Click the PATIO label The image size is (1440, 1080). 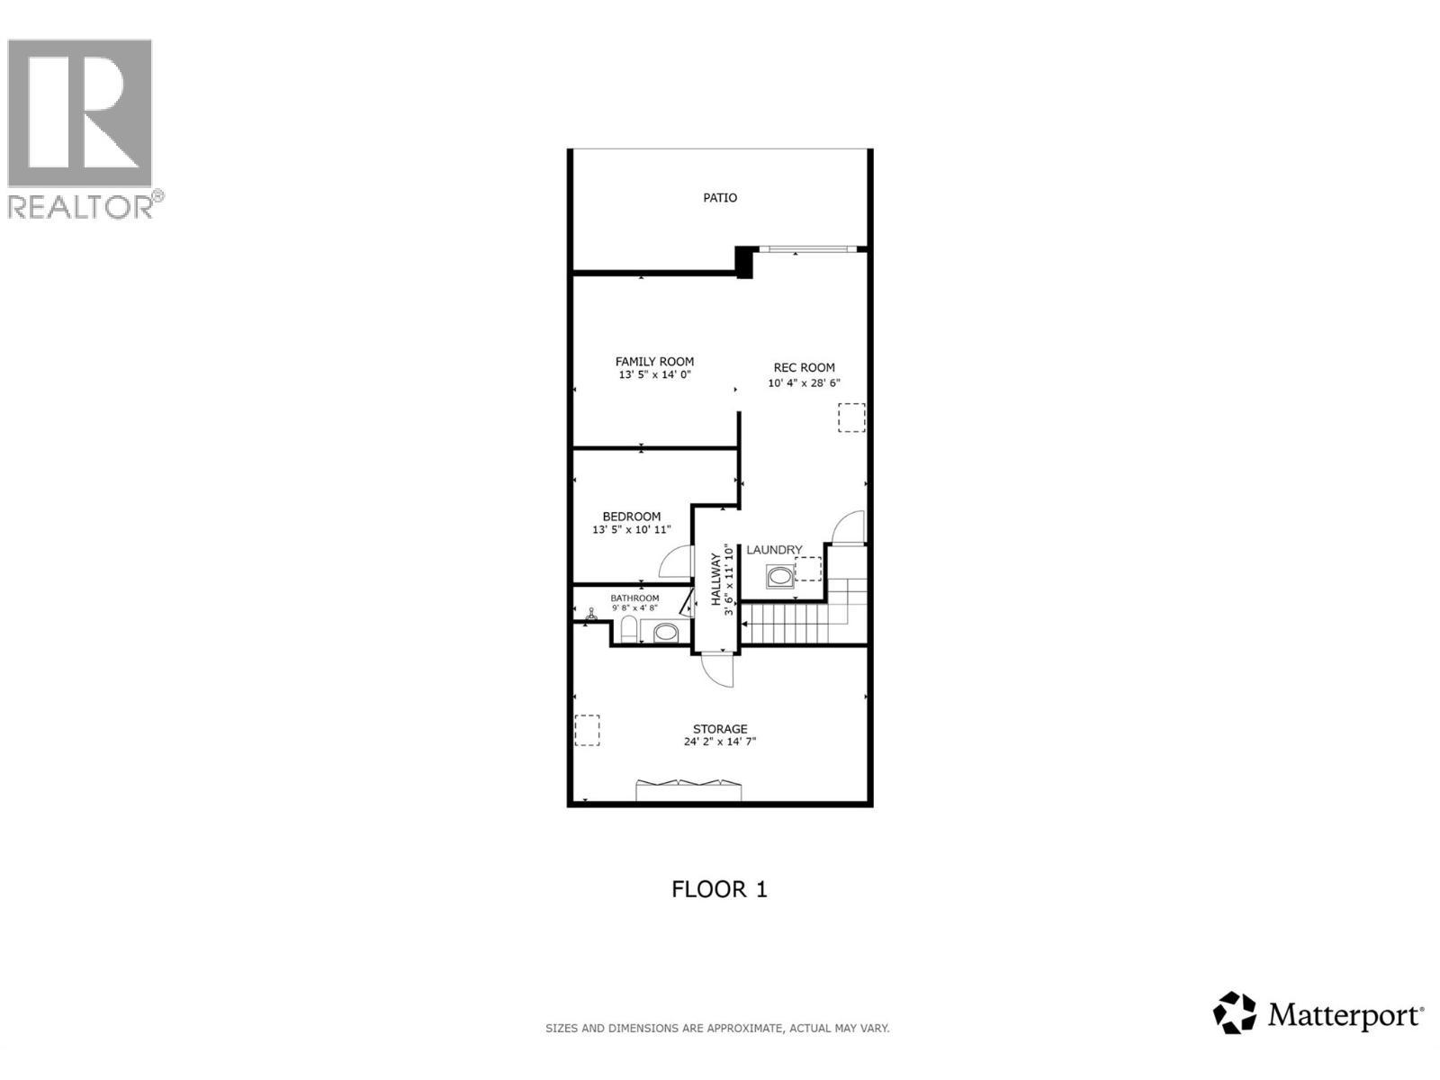[x=720, y=198]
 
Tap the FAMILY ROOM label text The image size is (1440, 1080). [x=654, y=362]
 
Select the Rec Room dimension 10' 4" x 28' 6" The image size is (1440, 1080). [x=804, y=382]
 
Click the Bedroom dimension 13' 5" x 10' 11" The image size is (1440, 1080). [x=631, y=530]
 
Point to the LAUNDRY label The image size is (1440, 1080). [x=774, y=550]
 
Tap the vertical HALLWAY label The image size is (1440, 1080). [x=717, y=580]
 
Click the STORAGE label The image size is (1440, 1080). [x=720, y=729]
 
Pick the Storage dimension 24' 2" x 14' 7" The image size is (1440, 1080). [x=720, y=742]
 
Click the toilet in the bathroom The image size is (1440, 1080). [x=629, y=630]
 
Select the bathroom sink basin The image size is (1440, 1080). [x=665, y=633]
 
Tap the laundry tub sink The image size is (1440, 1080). [x=779, y=576]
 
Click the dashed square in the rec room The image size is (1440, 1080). [x=851, y=418]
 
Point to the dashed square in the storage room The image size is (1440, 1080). [x=587, y=730]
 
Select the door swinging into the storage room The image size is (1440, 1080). [x=719, y=670]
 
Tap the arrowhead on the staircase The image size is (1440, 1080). [x=744, y=622]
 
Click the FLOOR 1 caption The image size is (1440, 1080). [x=719, y=889]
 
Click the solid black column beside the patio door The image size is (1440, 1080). [x=744, y=262]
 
